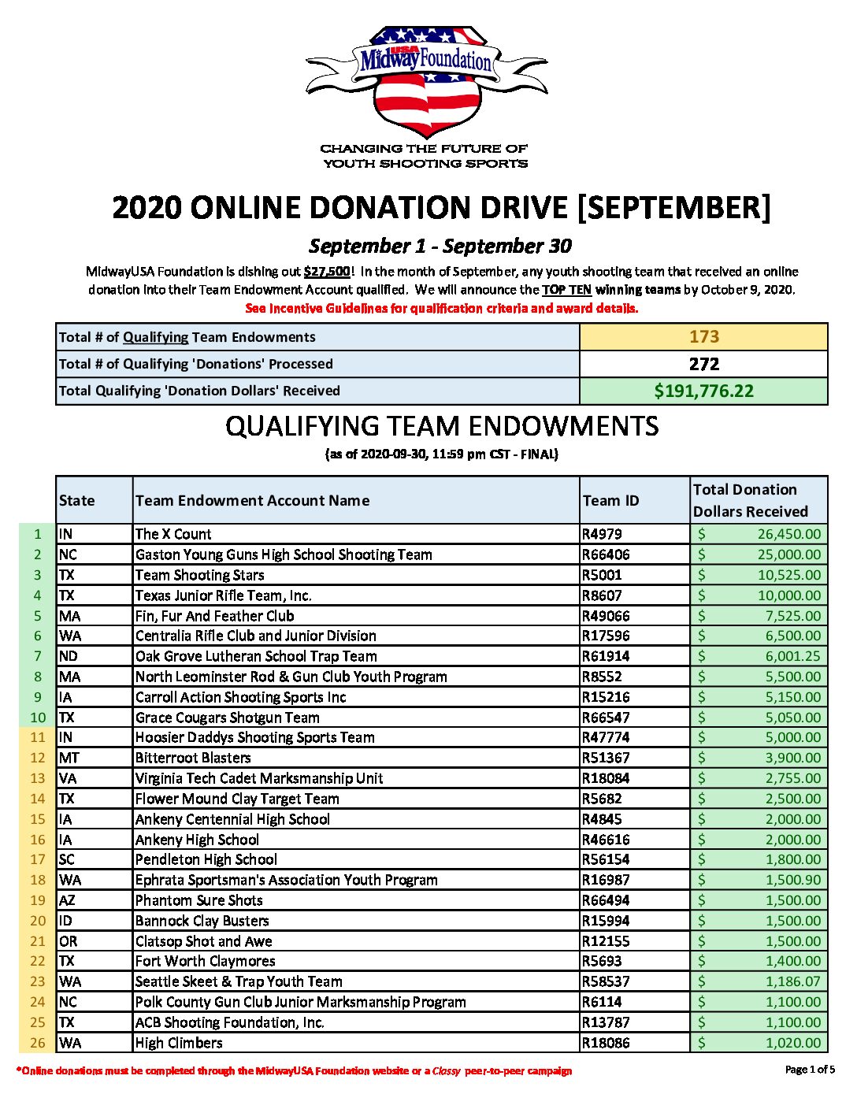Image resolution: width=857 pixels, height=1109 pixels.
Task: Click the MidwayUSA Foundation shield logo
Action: pyautogui.click(x=426, y=83)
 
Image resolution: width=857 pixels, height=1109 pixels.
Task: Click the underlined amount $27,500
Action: pyautogui.click(x=326, y=272)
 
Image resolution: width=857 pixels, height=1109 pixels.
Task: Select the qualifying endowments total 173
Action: pyautogui.click(x=703, y=337)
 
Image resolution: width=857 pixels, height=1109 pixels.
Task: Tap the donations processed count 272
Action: pyautogui.click(x=703, y=364)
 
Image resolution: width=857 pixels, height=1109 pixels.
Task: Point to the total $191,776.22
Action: pyautogui.click(x=703, y=391)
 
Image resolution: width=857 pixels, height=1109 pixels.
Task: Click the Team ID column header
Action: pyautogui.click(x=610, y=500)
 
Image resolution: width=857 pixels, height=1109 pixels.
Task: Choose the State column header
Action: pyautogui.click(x=76, y=500)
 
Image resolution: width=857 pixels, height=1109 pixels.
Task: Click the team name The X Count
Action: pyautogui.click(x=173, y=534)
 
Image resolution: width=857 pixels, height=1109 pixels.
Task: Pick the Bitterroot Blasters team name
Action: pyautogui.click(x=193, y=758)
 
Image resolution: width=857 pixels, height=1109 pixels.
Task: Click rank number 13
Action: pyautogui.click(x=38, y=778)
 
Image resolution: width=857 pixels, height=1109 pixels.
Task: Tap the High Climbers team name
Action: pyautogui.click(x=179, y=1043)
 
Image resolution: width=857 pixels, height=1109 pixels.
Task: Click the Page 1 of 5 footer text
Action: pyautogui.click(x=810, y=1069)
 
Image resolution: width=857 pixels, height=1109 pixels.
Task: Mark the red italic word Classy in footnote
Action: pyautogui.click(x=446, y=1071)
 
